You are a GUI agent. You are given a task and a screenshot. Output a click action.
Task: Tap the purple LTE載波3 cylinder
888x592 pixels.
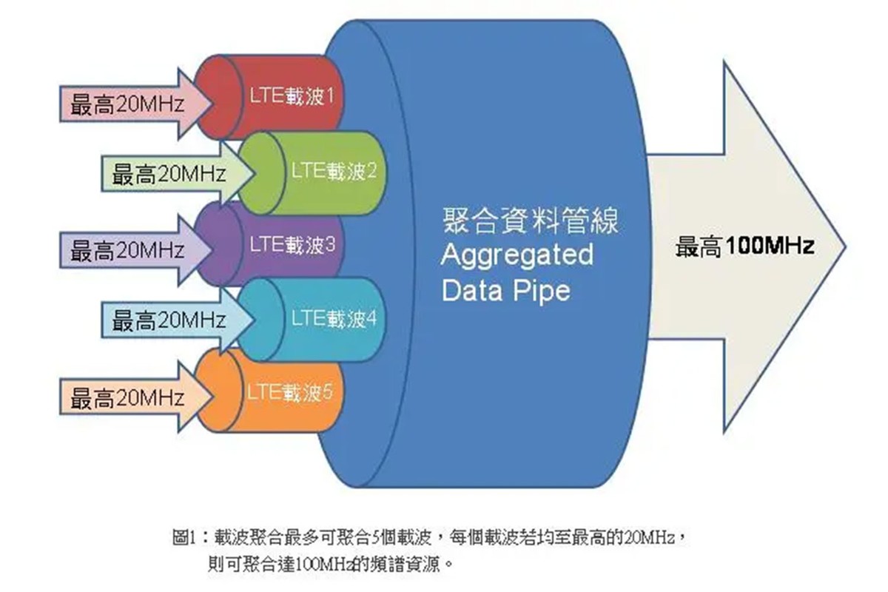tap(289, 244)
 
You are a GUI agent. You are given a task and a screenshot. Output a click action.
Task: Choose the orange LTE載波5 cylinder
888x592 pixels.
tap(289, 391)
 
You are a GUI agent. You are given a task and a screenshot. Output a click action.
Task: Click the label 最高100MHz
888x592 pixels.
tap(744, 246)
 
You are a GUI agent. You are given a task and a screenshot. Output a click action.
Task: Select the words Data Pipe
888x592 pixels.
tap(506, 290)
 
